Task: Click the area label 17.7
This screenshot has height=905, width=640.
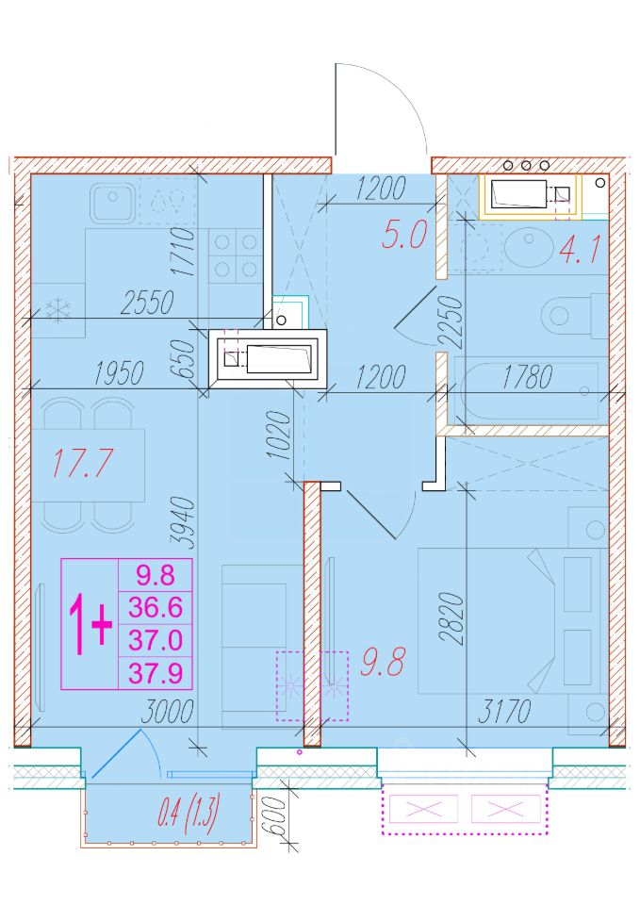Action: click(x=82, y=463)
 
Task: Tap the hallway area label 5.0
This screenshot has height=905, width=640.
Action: click(x=404, y=235)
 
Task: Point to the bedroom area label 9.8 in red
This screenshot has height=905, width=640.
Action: click(x=383, y=662)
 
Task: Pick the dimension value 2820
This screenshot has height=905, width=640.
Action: click(x=451, y=618)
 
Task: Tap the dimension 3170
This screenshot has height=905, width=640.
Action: click(x=504, y=711)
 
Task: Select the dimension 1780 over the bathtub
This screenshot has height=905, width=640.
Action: click(x=527, y=377)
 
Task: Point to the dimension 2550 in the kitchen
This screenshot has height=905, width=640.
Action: click(x=147, y=303)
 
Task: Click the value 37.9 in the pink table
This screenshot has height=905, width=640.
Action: click(x=156, y=673)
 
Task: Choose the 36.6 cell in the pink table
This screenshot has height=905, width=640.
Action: click(x=156, y=607)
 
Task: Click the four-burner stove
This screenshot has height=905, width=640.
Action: click(x=236, y=255)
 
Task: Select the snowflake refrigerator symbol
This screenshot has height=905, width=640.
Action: click(x=58, y=310)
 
